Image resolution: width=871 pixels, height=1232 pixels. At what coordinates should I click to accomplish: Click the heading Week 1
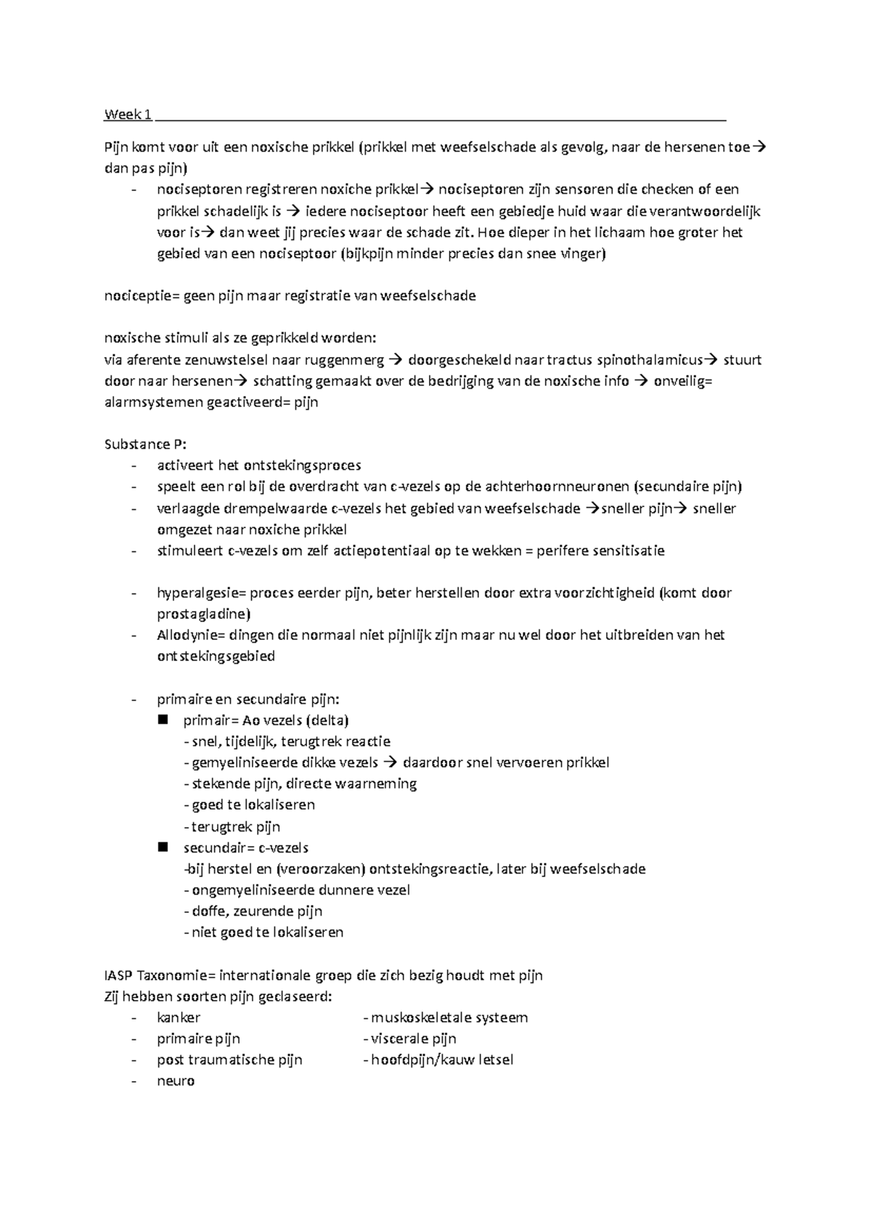tap(128, 115)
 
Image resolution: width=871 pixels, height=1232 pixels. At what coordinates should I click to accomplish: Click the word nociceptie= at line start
tap(142, 296)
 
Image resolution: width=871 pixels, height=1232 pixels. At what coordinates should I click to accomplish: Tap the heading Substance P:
tap(145, 444)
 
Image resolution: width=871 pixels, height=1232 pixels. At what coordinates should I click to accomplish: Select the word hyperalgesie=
tap(202, 593)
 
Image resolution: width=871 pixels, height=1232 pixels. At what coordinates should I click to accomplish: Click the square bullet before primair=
tap(162, 720)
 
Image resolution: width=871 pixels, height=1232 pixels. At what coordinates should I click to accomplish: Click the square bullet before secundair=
tap(162, 847)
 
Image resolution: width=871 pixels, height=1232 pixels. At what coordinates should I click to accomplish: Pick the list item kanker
tap(179, 1017)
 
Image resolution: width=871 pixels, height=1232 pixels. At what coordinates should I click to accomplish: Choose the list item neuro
tap(176, 1081)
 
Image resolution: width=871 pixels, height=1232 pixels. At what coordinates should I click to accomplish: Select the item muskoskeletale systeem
tap(449, 1017)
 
